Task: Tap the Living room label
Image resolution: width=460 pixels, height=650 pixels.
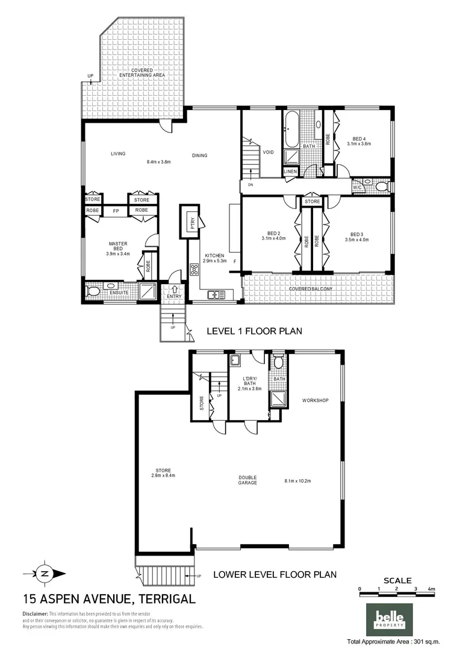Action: coord(117,154)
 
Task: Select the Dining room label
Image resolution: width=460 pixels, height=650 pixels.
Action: coord(199,155)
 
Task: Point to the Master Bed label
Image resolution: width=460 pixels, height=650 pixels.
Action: coord(117,246)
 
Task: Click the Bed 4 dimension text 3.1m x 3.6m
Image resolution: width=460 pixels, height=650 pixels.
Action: coord(359,144)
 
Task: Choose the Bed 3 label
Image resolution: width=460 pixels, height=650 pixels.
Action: coord(356,234)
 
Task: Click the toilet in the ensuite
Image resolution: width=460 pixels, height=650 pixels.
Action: coord(93,292)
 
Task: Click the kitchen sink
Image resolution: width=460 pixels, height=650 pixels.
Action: coord(216,295)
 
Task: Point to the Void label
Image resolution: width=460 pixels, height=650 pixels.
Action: coord(269,152)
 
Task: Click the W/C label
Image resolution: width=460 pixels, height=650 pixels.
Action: coord(358,187)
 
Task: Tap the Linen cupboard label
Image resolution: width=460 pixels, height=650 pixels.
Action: coord(290,172)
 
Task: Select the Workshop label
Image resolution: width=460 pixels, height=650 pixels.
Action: coord(315,400)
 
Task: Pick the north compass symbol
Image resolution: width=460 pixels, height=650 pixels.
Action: coord(44,574)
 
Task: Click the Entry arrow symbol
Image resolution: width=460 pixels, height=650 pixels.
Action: coord(174,289)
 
